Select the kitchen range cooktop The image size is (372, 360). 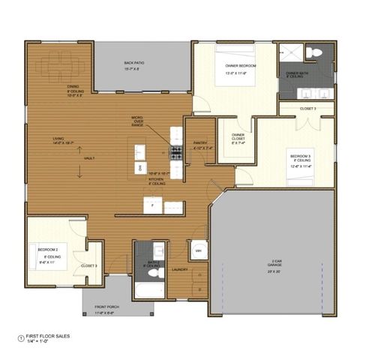(x=177, y=153)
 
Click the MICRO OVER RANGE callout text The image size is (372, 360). (x=136, y=122)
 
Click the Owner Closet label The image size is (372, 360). (x=238, y=139)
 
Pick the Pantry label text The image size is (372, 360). (x=200, y=145)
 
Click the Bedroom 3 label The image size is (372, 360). (x=300, y=160)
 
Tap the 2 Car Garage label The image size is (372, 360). (x=276, y=265)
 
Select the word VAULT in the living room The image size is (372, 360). (x=89, y=158)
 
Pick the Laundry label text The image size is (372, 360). (x=179, y=268)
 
